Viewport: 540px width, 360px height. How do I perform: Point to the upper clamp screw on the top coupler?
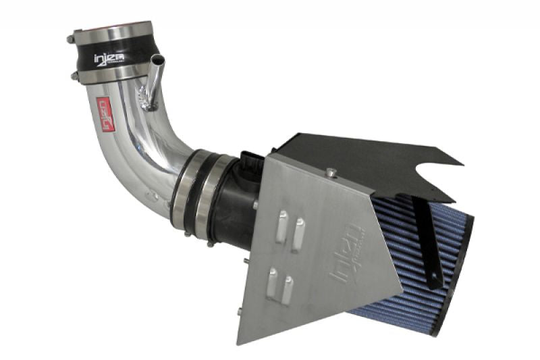click(72, 39)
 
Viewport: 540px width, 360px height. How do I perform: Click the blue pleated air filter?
click(432, 263)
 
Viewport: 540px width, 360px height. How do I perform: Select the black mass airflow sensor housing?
click(233, 203)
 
